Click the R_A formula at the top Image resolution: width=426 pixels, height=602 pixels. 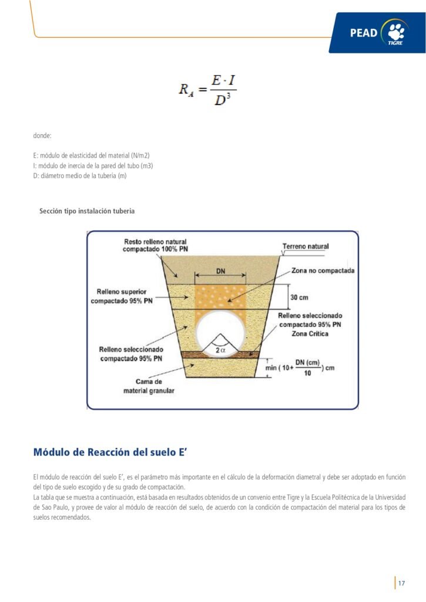point(207,90)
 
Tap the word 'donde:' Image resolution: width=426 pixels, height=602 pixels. point(42,136)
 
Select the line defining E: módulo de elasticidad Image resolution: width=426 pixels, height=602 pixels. point(91,155)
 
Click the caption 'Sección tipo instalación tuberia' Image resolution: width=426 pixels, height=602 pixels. point(86,211)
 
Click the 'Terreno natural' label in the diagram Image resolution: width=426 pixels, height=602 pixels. point(306,246)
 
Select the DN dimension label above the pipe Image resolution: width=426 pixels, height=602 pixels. point(220,272)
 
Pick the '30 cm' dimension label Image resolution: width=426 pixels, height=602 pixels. point(300,297)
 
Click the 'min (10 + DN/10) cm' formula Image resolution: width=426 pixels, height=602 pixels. point(299,367)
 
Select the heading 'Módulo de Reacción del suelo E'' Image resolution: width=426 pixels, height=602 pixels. point(110,452)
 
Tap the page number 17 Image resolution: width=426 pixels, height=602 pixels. point(401,583)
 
